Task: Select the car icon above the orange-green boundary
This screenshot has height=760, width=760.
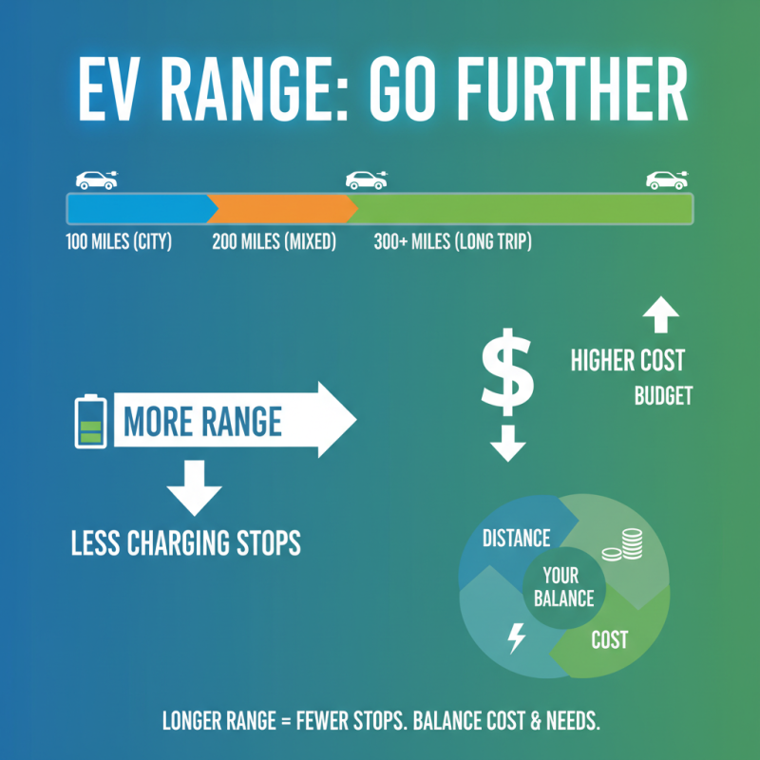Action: coord(366,179)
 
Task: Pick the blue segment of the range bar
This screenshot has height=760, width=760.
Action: coord(138,208)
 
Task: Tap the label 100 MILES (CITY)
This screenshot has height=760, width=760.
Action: coord(118,242)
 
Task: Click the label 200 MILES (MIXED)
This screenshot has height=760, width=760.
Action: coord(275,242)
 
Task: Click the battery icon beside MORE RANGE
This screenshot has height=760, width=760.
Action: coord(89,421)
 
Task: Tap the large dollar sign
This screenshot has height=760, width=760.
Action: coord(507,371)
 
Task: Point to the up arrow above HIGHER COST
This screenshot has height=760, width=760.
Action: coord(661,313)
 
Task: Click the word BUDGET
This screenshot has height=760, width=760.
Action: coord(663,395)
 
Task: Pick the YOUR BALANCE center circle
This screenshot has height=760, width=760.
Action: coord(567,587)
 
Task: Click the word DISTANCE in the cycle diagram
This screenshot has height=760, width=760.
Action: coord(516,539)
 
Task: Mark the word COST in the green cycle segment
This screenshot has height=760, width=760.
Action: coord(609,639)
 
